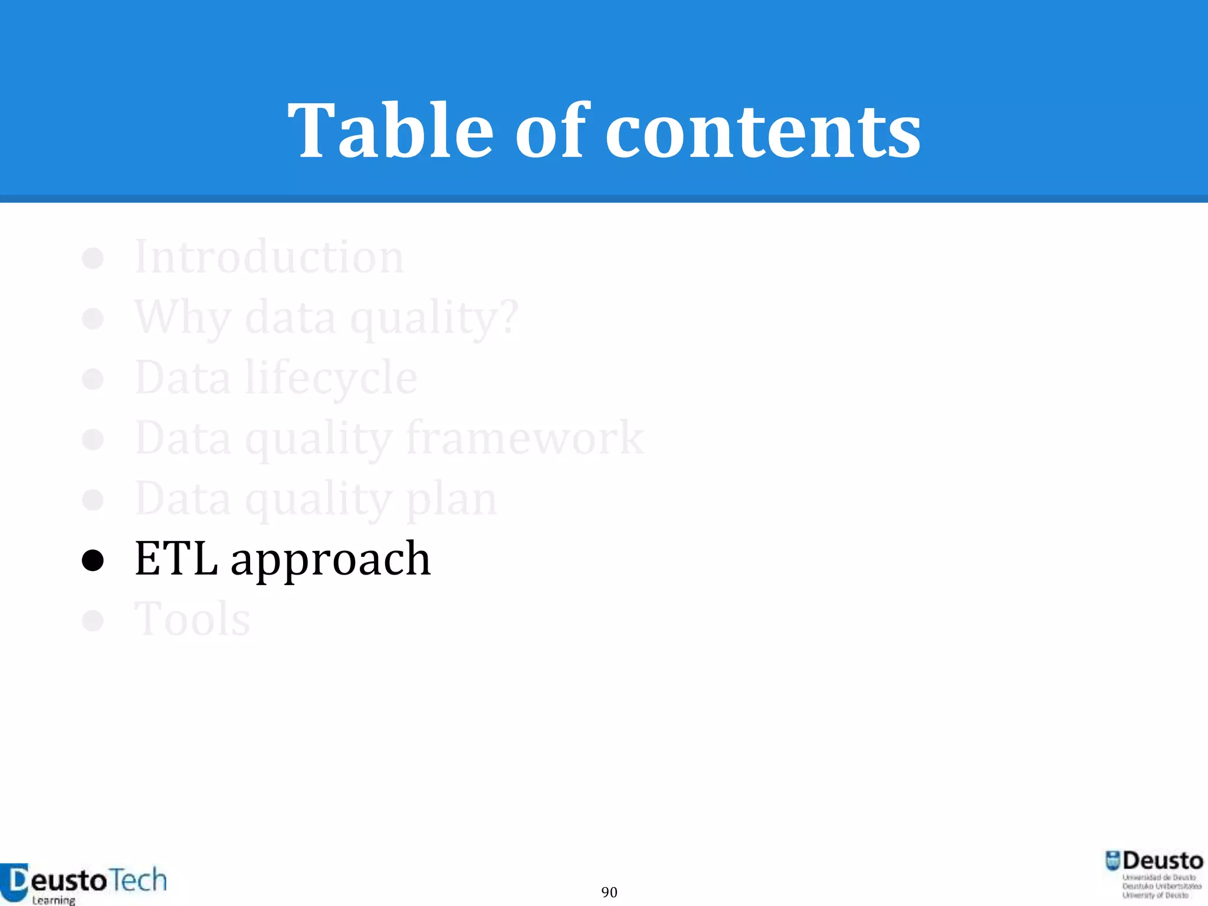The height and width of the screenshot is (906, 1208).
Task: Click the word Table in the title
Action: [390, 131]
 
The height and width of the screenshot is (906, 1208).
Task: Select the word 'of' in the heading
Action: [552, 131]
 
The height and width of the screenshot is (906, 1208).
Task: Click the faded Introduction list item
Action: [269, 257]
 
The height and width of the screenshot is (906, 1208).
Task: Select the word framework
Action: [525, 439]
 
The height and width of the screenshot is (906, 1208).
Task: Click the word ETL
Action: [176, 559]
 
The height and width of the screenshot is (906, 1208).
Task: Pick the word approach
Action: [330, 560]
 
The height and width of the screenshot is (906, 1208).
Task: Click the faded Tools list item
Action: [192, 619]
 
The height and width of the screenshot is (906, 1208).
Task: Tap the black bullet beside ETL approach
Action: [93, 561]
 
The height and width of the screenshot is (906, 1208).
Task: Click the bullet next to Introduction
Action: [93, 258]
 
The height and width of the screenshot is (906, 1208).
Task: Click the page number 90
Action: [609, 892]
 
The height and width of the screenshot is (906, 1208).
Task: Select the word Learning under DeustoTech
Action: [54, 900]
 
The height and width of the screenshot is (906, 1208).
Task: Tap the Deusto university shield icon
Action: [1112, 861]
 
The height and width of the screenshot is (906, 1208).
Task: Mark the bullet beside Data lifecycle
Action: [93, 379]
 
